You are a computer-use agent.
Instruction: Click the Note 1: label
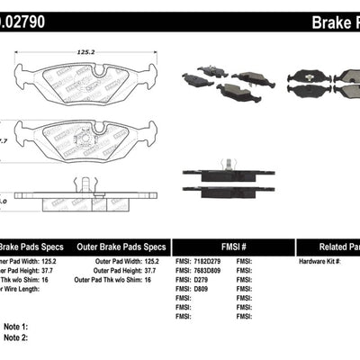coord(17,327)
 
